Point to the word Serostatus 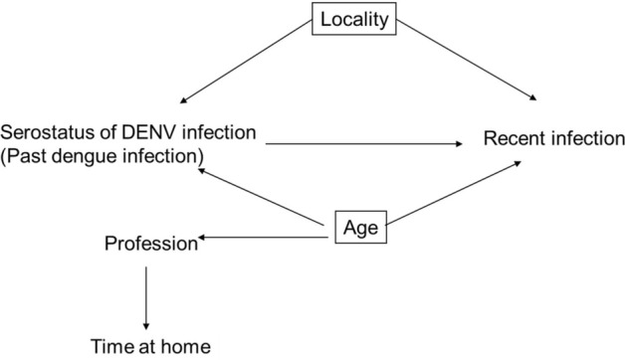(44, 131)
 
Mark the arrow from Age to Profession (264, 237)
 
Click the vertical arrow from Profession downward (146, 293)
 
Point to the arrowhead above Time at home (146, 326)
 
